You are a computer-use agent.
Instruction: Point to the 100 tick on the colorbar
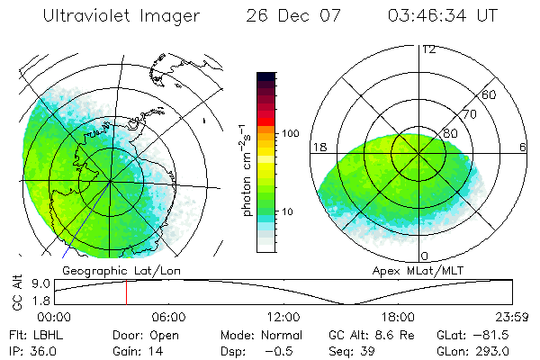tap(290, 133)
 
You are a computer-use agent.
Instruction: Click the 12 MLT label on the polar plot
tap(428, 49)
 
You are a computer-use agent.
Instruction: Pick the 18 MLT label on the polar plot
tap(317, 148)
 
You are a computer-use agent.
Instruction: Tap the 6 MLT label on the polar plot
tap(522, 148)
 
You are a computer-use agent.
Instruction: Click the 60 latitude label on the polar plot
tap(490, 94)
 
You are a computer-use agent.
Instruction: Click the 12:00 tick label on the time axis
tap(284, 317)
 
